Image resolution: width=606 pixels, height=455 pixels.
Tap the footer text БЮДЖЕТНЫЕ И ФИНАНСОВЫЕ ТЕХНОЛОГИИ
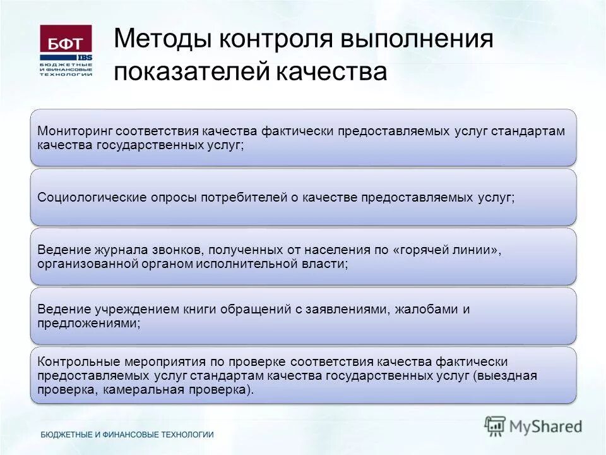(127, 435)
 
